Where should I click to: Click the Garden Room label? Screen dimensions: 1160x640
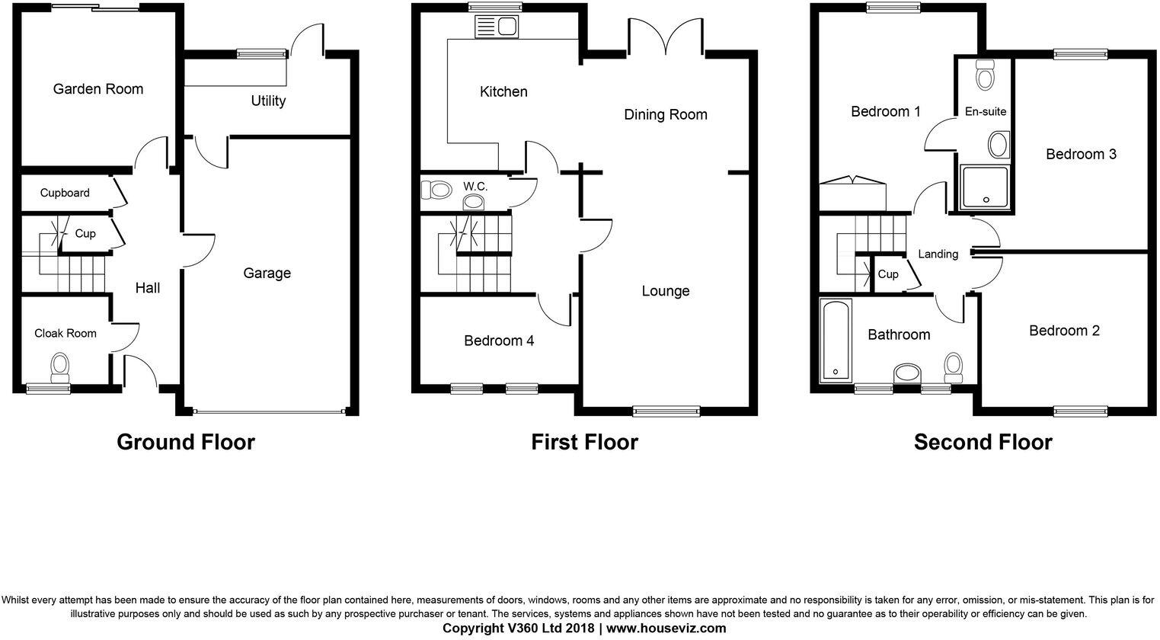pyautogui.click(x=98, y=89)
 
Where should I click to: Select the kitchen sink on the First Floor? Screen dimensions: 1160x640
pyautogui.click(x=496, y=27)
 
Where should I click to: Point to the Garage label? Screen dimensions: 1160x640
pyautogui.click(x=267, y=273)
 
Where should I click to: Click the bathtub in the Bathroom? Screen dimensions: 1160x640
pyautogui.click(x=836, y=341)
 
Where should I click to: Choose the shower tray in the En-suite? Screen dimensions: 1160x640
pyautogui.click(x=984, y=187)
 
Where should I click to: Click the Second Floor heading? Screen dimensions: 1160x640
pyautogui.click(x=983, y=442)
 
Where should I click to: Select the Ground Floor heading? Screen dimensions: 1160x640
pyautogui.click(x=185, y=442)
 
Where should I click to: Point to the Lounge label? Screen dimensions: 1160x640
pyautogui.click(x=666, y=291)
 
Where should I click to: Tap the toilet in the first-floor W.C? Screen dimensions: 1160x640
pyautogui.click(x=436, y=190)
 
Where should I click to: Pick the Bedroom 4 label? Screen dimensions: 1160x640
pyautogui.click(x=499, y=341)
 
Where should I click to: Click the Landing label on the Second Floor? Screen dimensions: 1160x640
pyautogui.click(x=938, y=254)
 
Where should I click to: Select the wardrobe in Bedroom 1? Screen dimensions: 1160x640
pyautogui.click(x=852, y=193)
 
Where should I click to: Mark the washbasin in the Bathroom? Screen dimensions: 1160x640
pyautogui.click(x=907, y=373)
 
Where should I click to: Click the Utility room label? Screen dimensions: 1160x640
pyautogui.click(x=268, y=101)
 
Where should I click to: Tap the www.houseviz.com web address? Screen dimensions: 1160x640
pyautogui.click(x=666, y=628)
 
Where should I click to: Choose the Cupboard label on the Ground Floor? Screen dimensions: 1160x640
pyautogui.click(x=65, y=193)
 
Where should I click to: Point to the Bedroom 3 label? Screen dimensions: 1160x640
pyautogui.click(x=1081, y=154)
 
